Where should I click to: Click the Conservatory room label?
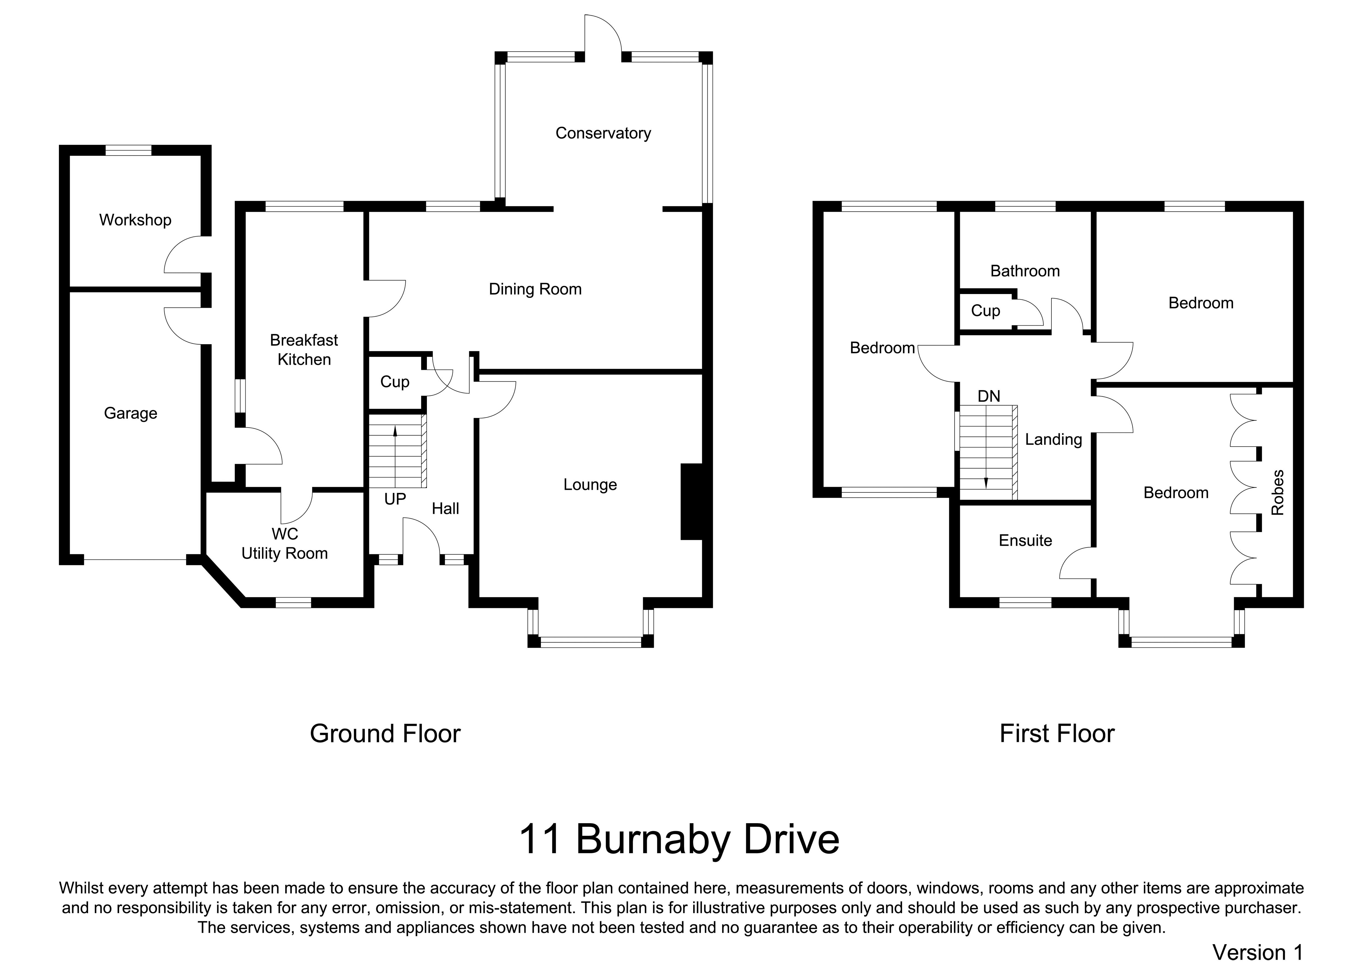pos(603,133)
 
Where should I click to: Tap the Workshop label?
pos(135,220)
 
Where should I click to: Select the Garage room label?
pos(130,414)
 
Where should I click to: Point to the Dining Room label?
pos(535,289)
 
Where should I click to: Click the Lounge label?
pos(590,485)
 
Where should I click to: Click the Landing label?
pos(1053,440)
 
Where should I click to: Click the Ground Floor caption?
pos(385,734)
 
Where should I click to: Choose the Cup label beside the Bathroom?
pos(985,311)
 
